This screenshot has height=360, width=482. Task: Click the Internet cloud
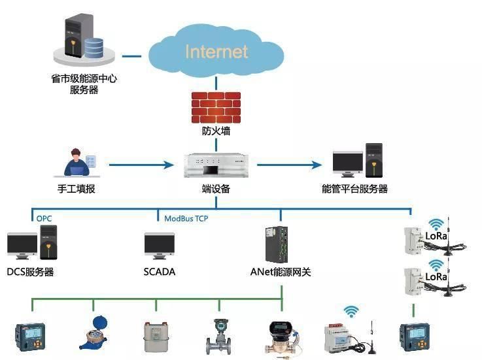point(216,52)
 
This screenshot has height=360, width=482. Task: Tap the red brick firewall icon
point(215,107)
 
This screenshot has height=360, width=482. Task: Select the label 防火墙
point(215,131)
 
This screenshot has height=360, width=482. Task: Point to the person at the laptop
point(77,163)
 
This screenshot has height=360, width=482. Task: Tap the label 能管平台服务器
point(354,189)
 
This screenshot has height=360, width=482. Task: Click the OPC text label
point(44,218)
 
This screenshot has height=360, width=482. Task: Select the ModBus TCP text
point(186,218)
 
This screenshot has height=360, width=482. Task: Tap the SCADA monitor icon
point(159,246)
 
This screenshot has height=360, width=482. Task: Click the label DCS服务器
point(30,272)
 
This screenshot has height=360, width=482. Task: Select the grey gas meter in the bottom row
point(157,335)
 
